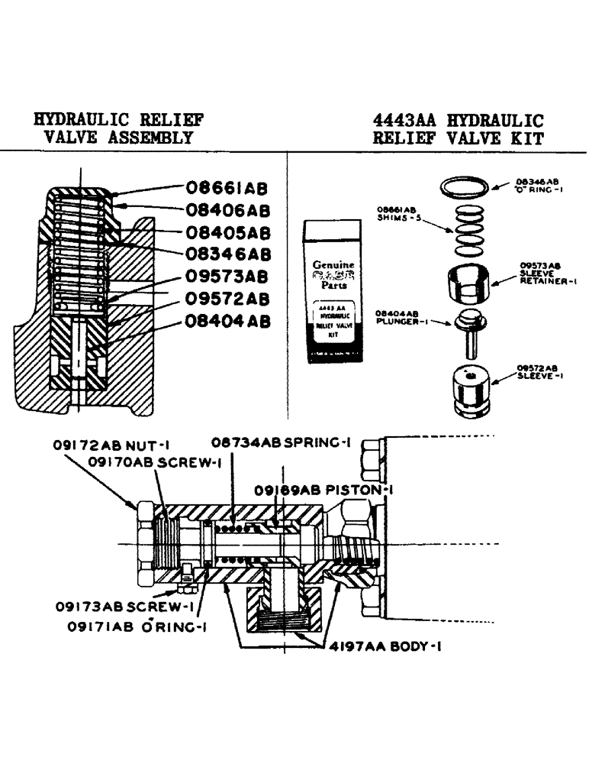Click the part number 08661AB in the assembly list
(226, 187)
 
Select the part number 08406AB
(226, 209)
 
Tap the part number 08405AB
(226, 231)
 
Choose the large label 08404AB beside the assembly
(226, 322)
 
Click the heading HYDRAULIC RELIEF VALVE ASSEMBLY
(118, 129)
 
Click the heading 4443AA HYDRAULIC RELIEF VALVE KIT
(458, 129)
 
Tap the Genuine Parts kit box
(335, 290)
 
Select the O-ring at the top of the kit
(467, 186)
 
